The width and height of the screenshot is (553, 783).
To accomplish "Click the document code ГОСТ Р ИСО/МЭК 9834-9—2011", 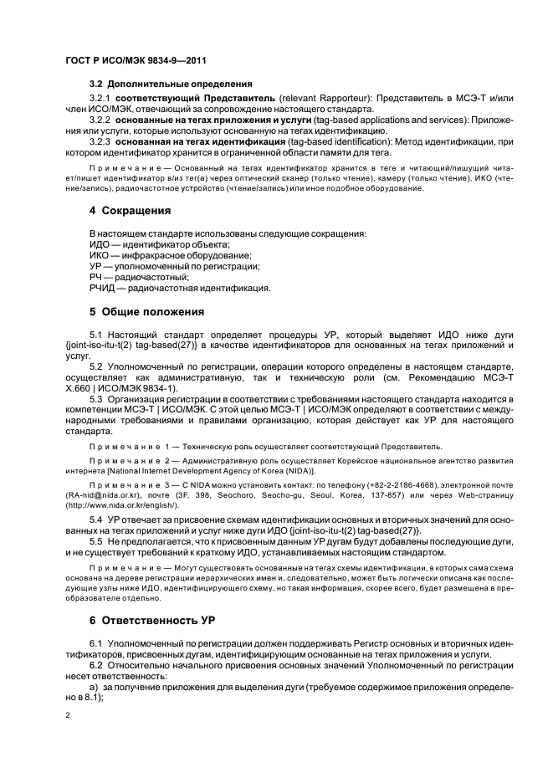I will point(136,61).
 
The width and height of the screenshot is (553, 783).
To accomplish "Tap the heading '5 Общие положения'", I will point(146,313).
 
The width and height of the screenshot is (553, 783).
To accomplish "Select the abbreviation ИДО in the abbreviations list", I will point(100,243).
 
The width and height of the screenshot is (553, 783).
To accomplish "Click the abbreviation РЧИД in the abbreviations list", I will point(104,289).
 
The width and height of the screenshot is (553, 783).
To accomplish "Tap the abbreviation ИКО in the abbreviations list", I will point(100,254).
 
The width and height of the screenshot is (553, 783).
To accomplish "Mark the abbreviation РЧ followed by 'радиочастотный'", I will point(96,277).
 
